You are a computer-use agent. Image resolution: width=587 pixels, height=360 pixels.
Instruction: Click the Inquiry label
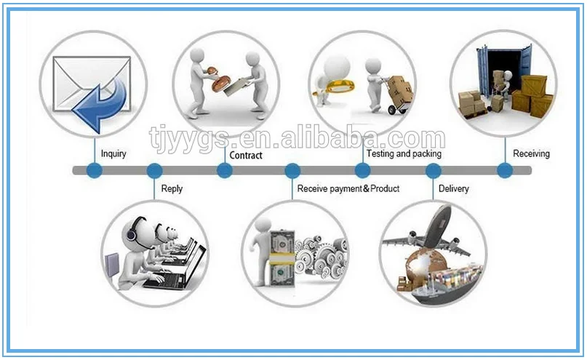pos(113,154)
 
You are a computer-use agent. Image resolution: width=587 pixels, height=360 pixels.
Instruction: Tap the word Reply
pos(172,189)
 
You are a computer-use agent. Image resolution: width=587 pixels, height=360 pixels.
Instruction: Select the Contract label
pos(246,156)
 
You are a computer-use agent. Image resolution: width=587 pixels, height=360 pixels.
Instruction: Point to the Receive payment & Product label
pos(348,189)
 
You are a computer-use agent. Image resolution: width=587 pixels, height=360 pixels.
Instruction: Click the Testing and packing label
pos(404,154)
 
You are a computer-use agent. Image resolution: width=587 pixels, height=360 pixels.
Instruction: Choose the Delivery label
pos(454,189)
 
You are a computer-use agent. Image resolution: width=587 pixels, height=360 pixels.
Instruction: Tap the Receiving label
pos(531,154)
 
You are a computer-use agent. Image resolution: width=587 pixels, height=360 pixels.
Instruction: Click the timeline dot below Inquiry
pos(94,171)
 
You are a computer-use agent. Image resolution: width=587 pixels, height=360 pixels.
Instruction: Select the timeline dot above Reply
pos(154,171)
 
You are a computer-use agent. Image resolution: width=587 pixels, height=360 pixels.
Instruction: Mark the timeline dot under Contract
pos(225,171)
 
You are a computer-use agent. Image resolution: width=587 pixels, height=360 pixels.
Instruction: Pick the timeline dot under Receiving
pos(505,171)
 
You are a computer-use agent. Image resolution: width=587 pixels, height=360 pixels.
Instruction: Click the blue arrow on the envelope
pos(101,101)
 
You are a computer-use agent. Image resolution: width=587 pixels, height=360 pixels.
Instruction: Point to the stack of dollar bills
pos(281,258)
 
